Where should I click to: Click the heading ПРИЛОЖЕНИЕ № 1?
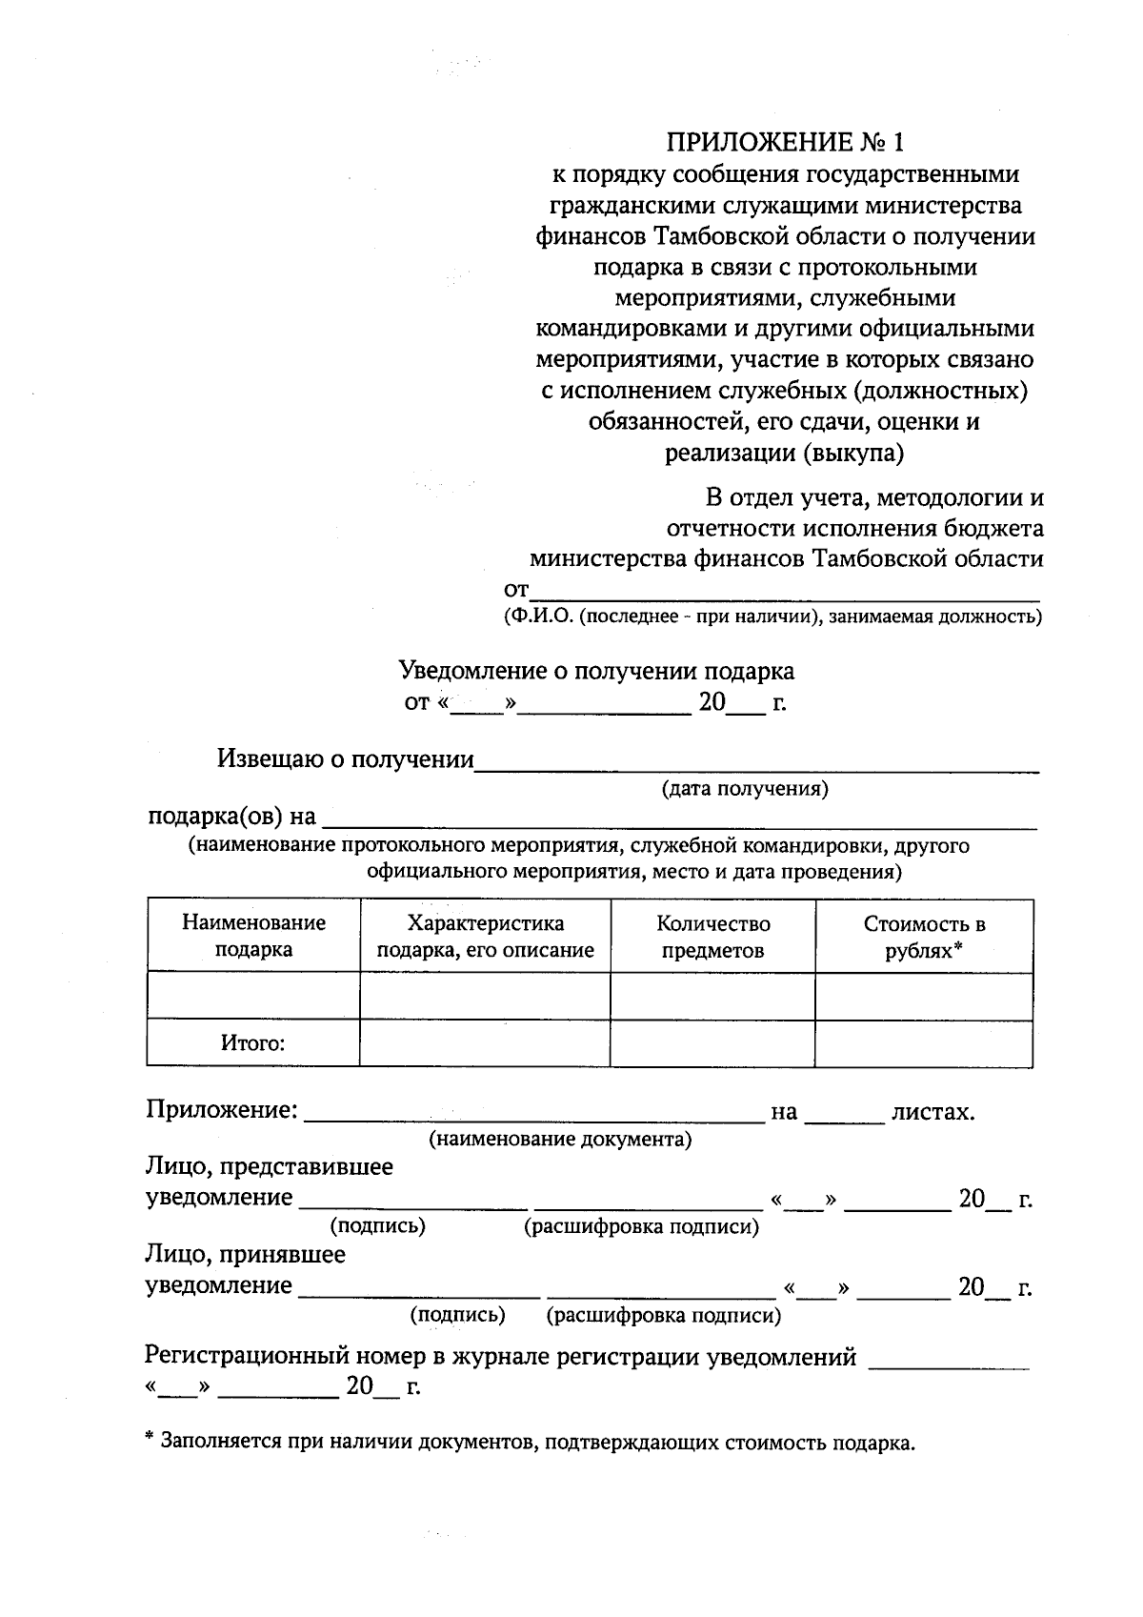point(784,143)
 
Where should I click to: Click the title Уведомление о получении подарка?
point(595,671)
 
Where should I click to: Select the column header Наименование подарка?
point(253,936)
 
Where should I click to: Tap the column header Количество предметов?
point(712,936)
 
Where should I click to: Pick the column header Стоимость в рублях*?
point(924,936)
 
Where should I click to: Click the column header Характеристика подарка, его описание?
point(485,936)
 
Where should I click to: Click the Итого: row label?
point(253,1042)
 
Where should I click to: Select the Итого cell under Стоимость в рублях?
point(924,1042)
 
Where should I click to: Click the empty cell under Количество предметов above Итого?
point(712,996)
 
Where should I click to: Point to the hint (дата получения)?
point(745,789)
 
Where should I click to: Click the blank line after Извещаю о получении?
point(757,762)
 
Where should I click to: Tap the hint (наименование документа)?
point(560,1140)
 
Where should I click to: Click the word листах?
point(932,1112)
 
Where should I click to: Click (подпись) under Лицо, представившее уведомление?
point(377,1226)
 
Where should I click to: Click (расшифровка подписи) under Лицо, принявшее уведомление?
point(664,1316)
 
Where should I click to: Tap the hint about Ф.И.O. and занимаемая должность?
point(772,616)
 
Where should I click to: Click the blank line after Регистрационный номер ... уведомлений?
point(950,1361)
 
